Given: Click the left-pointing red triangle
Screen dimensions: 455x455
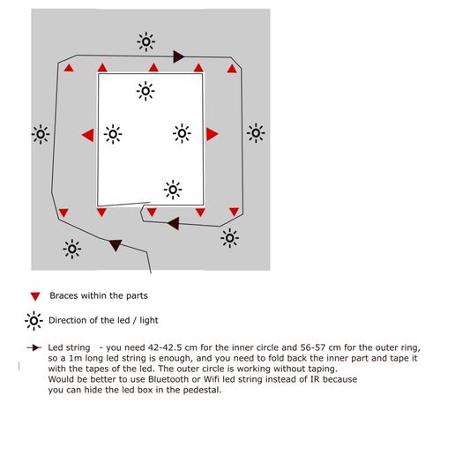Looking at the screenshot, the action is pos(89,135).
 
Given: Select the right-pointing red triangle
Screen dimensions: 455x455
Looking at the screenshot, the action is pos(212,134).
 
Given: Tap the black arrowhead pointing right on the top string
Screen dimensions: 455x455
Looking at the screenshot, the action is pos(178,56).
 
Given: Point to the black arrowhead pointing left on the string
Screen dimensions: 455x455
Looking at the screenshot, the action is pos(174,224).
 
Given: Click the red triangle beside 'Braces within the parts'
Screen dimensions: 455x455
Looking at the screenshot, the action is pos(35,296).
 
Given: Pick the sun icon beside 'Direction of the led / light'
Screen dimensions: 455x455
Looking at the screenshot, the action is pos(34,321).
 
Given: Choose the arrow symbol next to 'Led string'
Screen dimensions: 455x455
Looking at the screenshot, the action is pos(34,347).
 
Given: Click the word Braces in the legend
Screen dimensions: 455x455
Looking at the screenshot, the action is pos(63,295).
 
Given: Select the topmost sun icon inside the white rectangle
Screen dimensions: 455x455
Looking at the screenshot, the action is pos(145,91).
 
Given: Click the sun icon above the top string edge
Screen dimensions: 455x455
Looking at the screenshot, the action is pos(146,41).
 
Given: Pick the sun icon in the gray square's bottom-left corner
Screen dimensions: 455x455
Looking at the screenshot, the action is pos(72,250).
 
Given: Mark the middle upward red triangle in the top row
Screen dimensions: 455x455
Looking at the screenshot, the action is pos(153,67).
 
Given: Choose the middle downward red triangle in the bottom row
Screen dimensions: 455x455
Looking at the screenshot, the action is pos(152,213).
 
